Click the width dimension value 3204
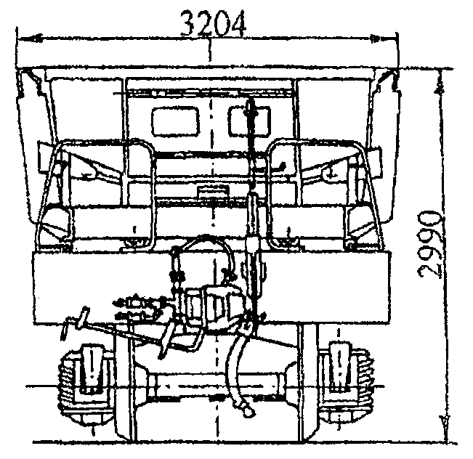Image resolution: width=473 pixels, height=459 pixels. coord(213,24)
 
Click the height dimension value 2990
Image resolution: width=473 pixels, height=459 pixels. coord(430,245)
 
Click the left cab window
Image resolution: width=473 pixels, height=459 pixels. coord(175,121)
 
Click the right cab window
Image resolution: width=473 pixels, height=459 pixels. coord(249,121)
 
